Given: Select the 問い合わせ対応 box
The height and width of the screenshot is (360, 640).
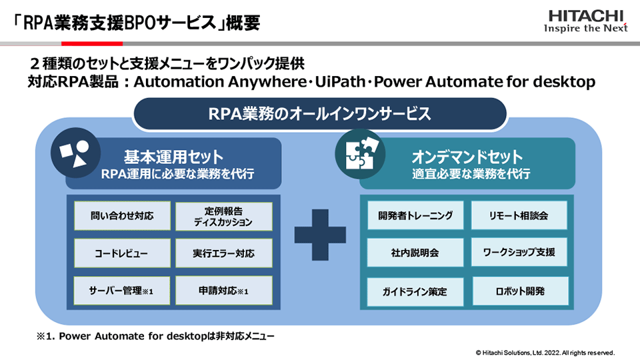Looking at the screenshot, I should (121, 216).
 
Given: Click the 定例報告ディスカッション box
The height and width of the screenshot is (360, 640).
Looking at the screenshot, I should (223, 216).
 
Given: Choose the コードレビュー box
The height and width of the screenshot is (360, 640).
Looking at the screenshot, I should (121, 253).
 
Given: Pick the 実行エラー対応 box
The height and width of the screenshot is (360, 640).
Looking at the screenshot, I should (223, 253).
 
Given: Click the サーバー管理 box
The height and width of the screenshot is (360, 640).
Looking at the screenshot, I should (121, 291).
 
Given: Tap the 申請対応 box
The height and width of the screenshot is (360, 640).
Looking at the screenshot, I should (223, 291).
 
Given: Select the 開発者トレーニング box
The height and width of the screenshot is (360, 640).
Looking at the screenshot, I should (415, 215).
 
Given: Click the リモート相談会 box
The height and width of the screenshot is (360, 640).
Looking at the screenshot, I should (519, 215).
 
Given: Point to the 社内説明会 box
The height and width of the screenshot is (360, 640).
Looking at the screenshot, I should (415, 253).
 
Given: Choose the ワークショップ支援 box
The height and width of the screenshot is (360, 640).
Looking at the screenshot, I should (519, 253).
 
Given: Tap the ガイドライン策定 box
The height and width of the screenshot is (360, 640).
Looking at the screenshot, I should (415, 291).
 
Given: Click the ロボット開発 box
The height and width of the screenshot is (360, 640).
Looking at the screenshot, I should (519, 291).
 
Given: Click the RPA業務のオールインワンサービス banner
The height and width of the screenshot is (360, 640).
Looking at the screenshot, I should (319, 113).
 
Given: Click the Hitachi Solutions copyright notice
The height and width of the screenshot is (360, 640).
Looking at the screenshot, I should (545, 351).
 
